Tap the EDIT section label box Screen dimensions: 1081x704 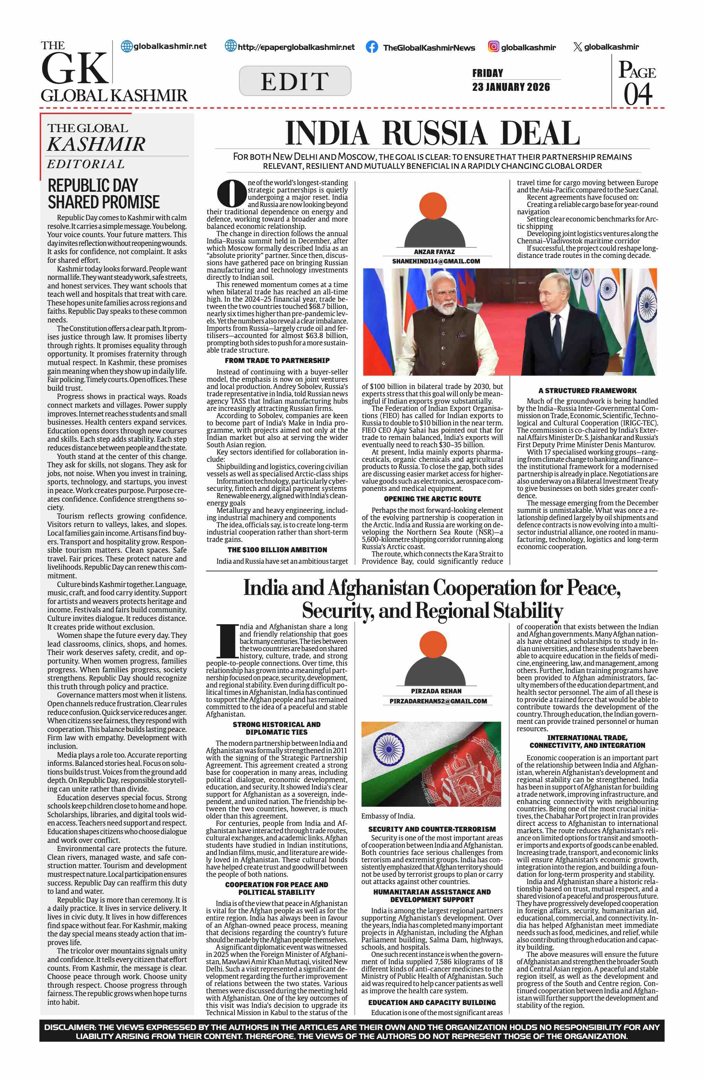(x=295, y=81)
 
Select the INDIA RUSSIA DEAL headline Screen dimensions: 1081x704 (x=432, y=133)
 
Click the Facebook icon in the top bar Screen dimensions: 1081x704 (x=371, y=47)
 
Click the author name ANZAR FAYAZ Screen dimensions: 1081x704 (x=434, y=252)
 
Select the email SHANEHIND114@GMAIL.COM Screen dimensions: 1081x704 (x=436, y=261)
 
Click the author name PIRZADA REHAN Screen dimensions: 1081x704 (x=436, y=691)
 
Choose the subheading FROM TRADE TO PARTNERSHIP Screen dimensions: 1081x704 (x=277, y=360)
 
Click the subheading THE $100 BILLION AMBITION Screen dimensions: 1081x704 (x=277, y=550)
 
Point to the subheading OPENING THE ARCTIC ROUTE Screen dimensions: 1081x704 (x=432, y=499)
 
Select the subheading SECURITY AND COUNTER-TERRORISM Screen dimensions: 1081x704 (x=432, y=829)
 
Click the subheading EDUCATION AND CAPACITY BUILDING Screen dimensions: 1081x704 (x=432, y=1002)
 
